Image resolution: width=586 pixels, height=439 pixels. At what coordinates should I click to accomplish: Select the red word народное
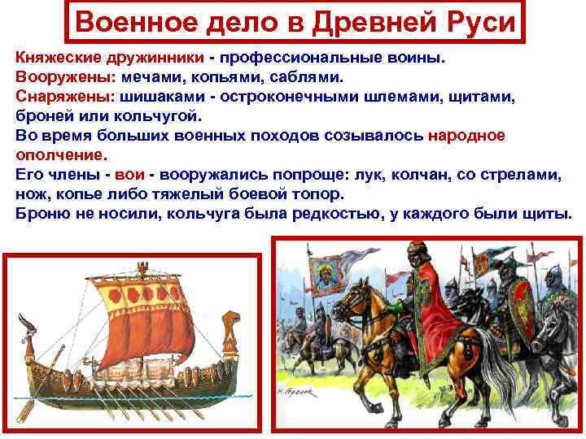466,135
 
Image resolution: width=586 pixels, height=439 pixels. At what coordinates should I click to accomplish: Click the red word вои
130,174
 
